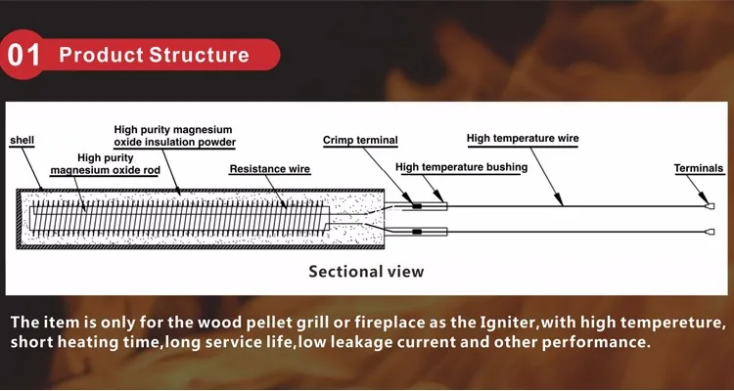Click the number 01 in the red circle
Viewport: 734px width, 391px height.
(23, 55)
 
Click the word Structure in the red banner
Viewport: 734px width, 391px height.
(199, 55)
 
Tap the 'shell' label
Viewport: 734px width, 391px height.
(22, 141)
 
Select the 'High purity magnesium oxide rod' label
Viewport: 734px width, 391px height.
(106, 164)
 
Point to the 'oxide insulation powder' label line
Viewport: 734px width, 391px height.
(175, 142)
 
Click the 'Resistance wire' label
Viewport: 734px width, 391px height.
(270, 169)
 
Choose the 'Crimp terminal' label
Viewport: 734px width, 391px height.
(360, 141)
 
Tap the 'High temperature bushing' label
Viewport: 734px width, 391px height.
(462, 167)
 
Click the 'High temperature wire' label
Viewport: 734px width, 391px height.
(523, 139)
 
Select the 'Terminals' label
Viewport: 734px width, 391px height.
(699, 168)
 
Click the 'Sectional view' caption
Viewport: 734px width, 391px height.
(366, 272)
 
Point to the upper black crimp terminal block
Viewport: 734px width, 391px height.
(417, 206)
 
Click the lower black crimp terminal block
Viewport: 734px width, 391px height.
(417, 232)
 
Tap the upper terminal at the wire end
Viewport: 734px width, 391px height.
(711, 206)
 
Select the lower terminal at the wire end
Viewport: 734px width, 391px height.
(711, 232)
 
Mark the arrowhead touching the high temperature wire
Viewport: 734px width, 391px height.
(559, 199)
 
